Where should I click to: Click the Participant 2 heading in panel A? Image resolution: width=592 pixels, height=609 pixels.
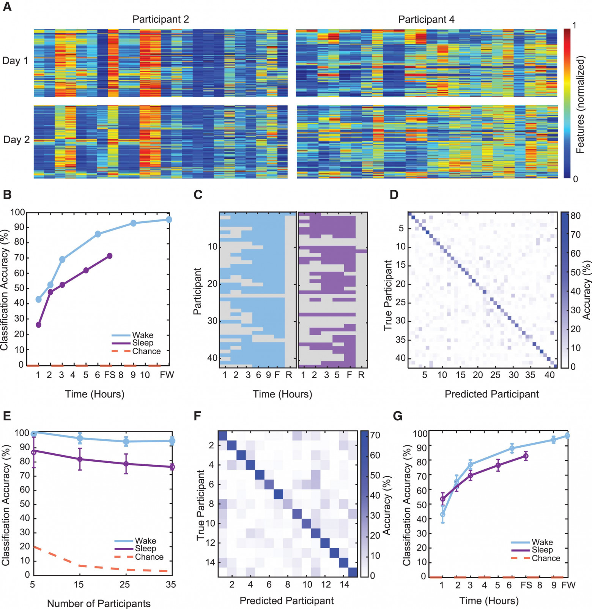click(x=161, y=19)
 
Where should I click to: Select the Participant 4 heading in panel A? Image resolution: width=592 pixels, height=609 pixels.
click(x=426, y=19)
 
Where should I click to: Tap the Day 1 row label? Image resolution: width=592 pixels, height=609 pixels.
click(x=15, y=61)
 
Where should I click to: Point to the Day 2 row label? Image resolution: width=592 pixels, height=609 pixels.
click(x=16, y=140)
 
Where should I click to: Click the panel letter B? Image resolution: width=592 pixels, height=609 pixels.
click(x=7, y=195)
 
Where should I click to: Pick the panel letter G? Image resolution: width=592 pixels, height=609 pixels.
click(x=397, y=416)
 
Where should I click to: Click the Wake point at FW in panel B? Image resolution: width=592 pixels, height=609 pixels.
click(x=169, y=219)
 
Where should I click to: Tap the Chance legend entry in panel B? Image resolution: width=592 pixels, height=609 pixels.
click(x=146, y=351)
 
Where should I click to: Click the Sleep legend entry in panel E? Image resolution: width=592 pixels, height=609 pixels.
click(x=145, y=549)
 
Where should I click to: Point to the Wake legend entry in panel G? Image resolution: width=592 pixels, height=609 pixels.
click(x=542, y=542)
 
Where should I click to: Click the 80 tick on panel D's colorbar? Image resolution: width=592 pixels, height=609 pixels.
click(x=576, y=216)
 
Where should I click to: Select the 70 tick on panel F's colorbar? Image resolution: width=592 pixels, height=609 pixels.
click(x=375, y=435)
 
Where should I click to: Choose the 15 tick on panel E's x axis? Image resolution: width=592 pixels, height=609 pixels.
click(x=79, y=584)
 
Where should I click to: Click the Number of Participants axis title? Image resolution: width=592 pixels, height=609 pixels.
click(x=99, y=603)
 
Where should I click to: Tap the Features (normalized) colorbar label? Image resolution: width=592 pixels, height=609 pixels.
click(x=580, y=104)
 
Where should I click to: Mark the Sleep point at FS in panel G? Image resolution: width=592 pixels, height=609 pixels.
click(x=526, y=456)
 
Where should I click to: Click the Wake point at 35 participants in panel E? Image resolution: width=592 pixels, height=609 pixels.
click(x=172, y=441)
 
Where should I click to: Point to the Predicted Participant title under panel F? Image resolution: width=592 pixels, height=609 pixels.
click(x=287, y=601)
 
